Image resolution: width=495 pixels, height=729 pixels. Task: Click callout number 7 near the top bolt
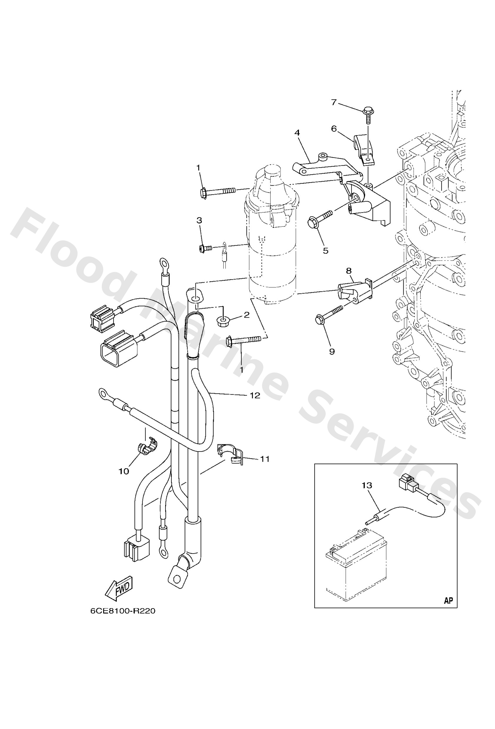tap(334, 102)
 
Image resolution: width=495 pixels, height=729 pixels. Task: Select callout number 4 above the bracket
tap(297, 133)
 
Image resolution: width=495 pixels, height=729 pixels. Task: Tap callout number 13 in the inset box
tap(367, 486)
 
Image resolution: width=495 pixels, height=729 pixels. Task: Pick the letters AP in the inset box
tap(449, 601)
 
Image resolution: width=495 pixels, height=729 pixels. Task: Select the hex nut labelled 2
tap(223, 321)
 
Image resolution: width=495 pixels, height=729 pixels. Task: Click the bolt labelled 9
tap(328, 316)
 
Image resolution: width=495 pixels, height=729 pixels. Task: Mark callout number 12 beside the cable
tap(255, 395)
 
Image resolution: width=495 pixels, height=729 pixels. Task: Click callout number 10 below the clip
tap(124, 471)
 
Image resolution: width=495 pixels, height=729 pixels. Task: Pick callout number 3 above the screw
tap(199, 220)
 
